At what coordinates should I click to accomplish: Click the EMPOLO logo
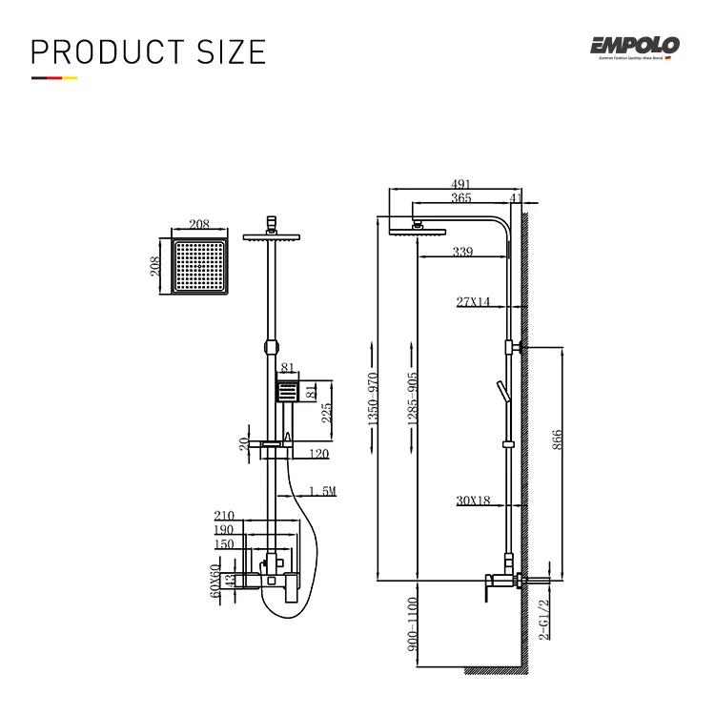(633, 45)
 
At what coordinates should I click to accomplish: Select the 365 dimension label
(460, 199)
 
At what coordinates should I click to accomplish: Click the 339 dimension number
(463, 252)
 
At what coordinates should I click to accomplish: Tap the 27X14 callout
(473, 302)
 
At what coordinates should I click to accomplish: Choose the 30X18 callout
(473, 500)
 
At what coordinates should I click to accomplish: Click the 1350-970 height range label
(374, 398)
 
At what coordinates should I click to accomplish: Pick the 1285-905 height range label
(411, 398)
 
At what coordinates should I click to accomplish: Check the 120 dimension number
(318, 454)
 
